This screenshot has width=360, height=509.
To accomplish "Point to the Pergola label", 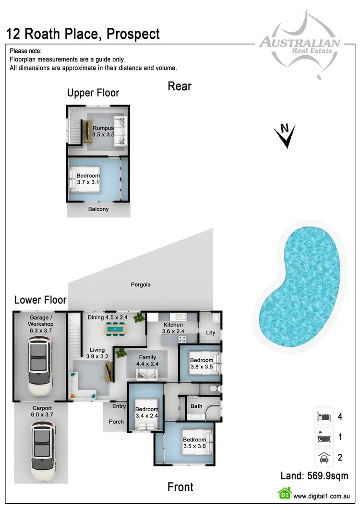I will (x=141, y=284).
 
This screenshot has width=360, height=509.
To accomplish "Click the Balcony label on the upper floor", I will (x=98, y=209).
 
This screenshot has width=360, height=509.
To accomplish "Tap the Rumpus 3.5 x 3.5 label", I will (x=103, y=131).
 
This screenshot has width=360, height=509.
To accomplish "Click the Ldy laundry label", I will (x=210, y=333).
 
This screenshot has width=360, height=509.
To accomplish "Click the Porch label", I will (x=116, y=422).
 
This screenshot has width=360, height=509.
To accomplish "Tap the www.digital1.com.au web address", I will (x=320, y=497).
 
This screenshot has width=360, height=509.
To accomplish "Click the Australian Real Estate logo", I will (x=300, y=44).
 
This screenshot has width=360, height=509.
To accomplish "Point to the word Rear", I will (x=180, y=86).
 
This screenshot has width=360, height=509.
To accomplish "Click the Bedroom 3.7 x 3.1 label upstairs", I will (x=88, y=179).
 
